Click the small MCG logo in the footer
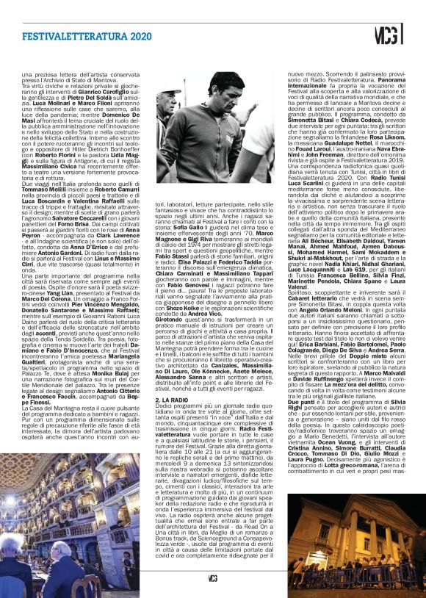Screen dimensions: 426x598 [x=212, y=578]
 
